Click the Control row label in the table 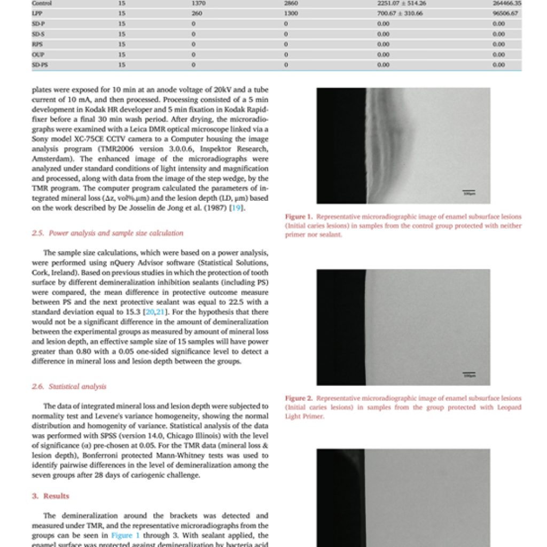pos(41,3)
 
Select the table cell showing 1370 pos(198,3)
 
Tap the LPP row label pos(37,13)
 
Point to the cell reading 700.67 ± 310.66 pos(400,13)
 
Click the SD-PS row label pos(40,65)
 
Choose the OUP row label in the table pos(37,54)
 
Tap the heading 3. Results pos(51,496)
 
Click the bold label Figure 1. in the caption pos(299,217)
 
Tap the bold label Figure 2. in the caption pos(299,398)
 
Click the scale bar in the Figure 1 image pos(468,191)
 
